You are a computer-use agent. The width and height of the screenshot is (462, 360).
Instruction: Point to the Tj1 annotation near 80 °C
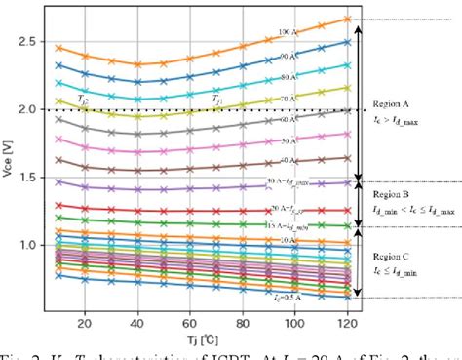tap(218, 100)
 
